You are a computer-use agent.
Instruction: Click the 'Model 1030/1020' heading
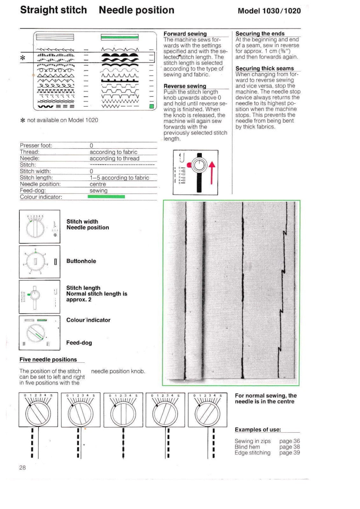pyautogui.click(x=269, y=11)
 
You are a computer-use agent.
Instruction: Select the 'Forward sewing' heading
pyautogui.click(x=185, y=34)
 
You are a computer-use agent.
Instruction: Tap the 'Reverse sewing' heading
pyautogui.click(x=185, y=86)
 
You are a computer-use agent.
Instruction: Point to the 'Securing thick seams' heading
pyautogui.click(x=264, y=68)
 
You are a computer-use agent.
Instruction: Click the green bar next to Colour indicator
pyautogui.click(x=106, y=197)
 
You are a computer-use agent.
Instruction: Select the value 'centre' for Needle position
pyautogui.click(x=98, y=184)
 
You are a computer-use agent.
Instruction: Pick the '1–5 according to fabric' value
pyautogui.click(x=119, y=178)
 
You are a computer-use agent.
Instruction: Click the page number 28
pyautogui.click(x=22, y=468)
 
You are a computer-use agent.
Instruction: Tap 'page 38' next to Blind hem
pyautogui.click(x=289, y=447)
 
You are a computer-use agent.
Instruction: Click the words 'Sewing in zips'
pyautogui.click(x=252, y=441)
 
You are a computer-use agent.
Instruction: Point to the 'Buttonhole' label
pyautogui.click(x=81, y=261)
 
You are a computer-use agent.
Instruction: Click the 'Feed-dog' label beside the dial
pyautogui.click(x=79, y=343)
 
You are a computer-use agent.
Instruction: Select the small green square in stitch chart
pyautogui.click(x=152, y=106)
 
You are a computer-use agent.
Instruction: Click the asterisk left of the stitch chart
pyautogui.click(x=23, y=58)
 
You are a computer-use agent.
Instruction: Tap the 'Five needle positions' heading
pyautogui.click(x=48, y=359)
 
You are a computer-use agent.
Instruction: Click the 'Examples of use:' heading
pyautogui.click(x=258, y=430)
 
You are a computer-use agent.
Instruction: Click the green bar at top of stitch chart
pyautogui.click(x=120, y=38)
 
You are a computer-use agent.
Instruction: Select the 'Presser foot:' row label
pyautogui.click(x=36, y=146)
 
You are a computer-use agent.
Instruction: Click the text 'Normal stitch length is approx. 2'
pyautogui.click(x=96, y=297)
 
